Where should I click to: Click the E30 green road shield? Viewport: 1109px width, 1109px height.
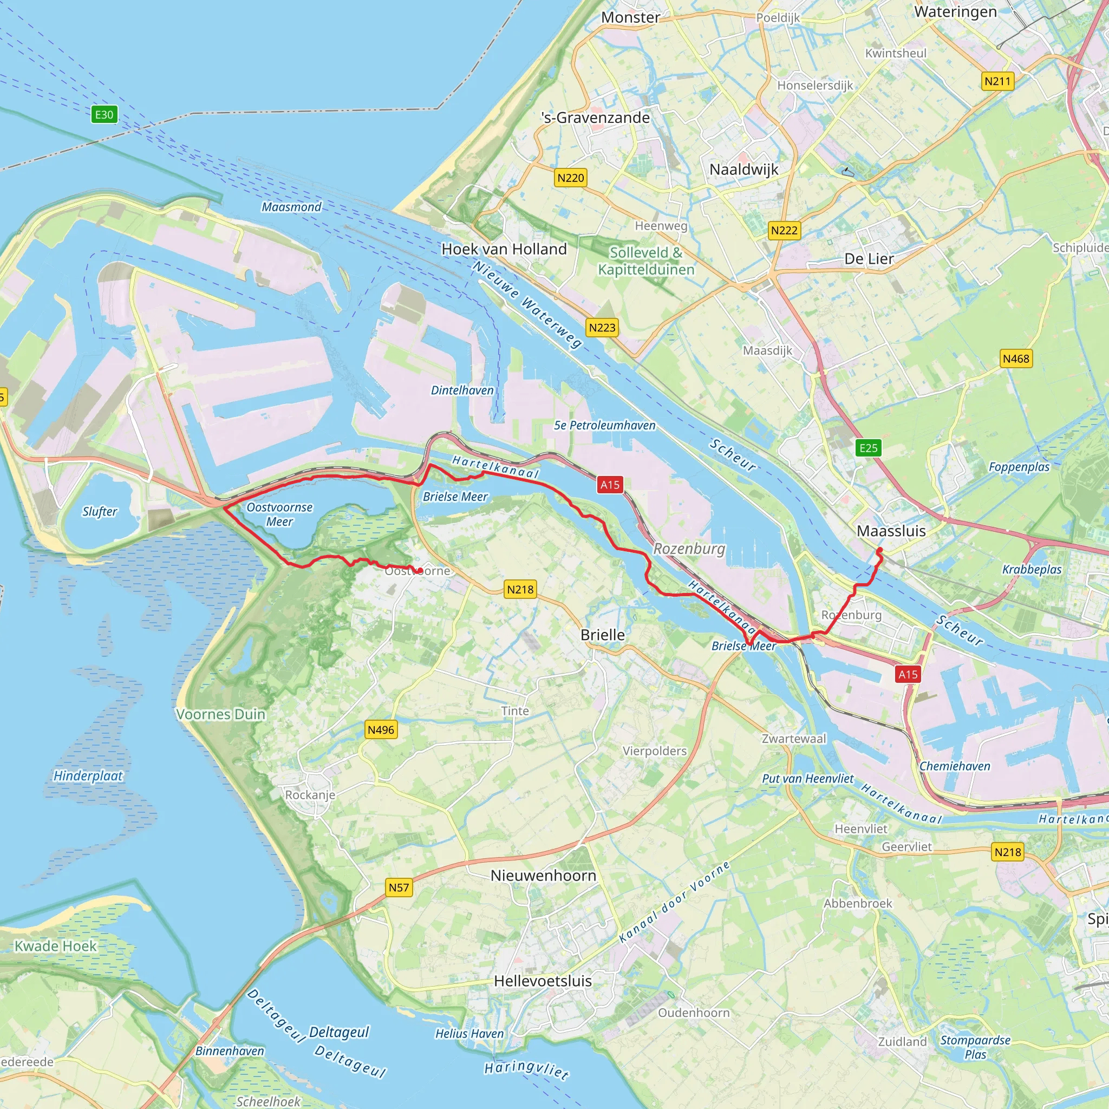(x=104, y=115)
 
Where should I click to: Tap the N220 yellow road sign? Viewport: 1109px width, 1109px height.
(x=571, y=178)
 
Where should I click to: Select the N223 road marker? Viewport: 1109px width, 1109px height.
(x=602, y=328)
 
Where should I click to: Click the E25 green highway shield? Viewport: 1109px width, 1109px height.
(x=869, y=448)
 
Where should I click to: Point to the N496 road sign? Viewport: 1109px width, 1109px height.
(x=381, y=729)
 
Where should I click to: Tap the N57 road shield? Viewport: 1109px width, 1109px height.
(x=399, y=888)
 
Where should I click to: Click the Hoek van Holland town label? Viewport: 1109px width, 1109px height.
(x=504, y=249)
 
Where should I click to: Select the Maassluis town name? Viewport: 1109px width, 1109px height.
(x=891, y=531)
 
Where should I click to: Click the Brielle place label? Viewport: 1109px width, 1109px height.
(x=603, y=635)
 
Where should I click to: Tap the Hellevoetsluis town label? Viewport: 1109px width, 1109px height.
(x=543, y=981)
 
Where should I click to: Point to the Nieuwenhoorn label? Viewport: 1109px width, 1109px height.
(x=543, y=876)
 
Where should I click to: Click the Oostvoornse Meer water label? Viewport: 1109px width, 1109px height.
(x=279, y=514)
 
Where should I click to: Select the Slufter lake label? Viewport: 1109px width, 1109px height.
(x=99, y=511)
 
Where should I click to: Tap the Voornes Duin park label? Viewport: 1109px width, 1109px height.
(x=221, y=714)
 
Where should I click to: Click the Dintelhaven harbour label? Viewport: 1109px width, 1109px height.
(x=462, y=390)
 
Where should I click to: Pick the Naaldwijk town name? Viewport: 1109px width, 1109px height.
(x=744, y=169)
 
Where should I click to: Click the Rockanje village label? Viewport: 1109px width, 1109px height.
(x=310, y=794)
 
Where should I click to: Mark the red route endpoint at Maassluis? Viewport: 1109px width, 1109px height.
(x=879, y=551)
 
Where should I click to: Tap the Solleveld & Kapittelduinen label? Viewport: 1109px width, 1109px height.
(x=646, y=260)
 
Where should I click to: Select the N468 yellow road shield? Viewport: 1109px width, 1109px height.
(x=1016, y=359)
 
